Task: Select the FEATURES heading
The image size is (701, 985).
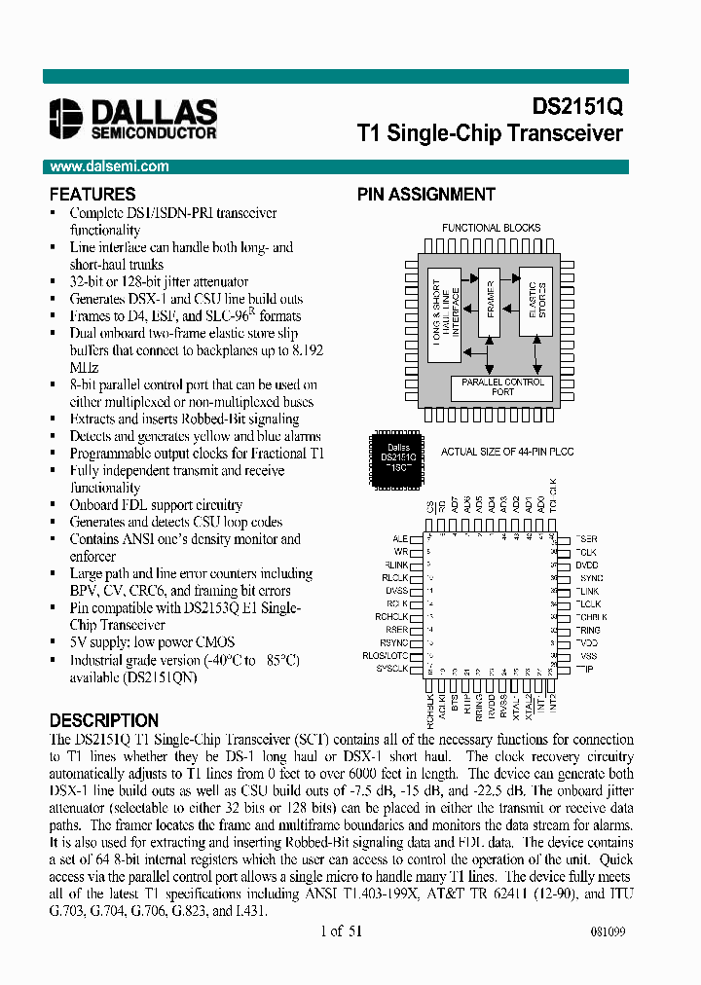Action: click(92, 195)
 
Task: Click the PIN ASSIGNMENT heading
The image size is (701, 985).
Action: click(425, 195)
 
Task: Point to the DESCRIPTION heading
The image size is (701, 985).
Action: click(103, 721)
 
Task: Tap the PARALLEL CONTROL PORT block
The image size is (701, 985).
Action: click(502, 386)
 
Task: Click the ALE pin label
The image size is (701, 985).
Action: click(400, 538)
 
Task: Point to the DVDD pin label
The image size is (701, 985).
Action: click(587, 565)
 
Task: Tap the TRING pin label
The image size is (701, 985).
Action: click(588, 630)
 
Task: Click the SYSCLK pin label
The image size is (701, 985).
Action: click(391, 669)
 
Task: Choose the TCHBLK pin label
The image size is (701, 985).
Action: click(591, 617)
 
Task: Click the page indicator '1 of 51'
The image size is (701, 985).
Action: click(341, 930)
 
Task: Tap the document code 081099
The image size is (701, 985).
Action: click(608, 931)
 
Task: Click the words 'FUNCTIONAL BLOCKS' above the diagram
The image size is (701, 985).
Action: click(492, 228)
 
